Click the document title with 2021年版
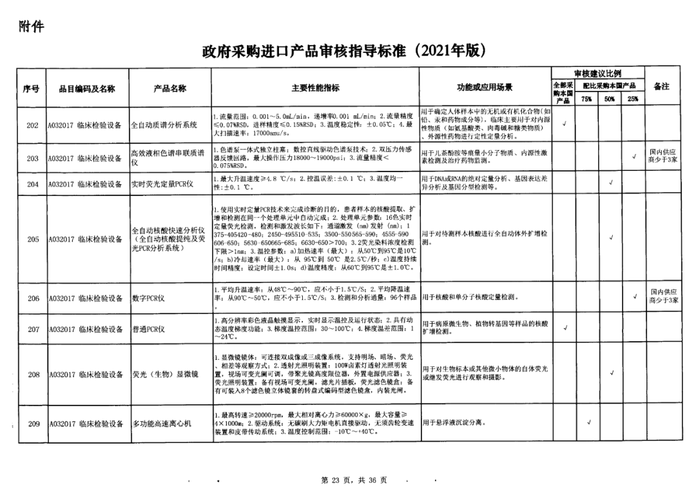tap(342, 50)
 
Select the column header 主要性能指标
tap(315, 88)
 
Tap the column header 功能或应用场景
tap(485, 88)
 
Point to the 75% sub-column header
tap(586, 99)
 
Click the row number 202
tap(32, 125)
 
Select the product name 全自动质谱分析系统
tap(164, 125)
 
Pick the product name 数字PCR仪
tap(149, 299)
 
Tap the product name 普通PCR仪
tap(149, 329)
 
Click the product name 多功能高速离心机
tap(162, 424)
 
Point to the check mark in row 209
tap(588, 423)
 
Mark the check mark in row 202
tap(565, 124)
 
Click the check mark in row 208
tap(610, 373)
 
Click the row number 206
tap(32, 299)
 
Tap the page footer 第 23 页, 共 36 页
tap(349, 480)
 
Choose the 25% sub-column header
tap(632, 99)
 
